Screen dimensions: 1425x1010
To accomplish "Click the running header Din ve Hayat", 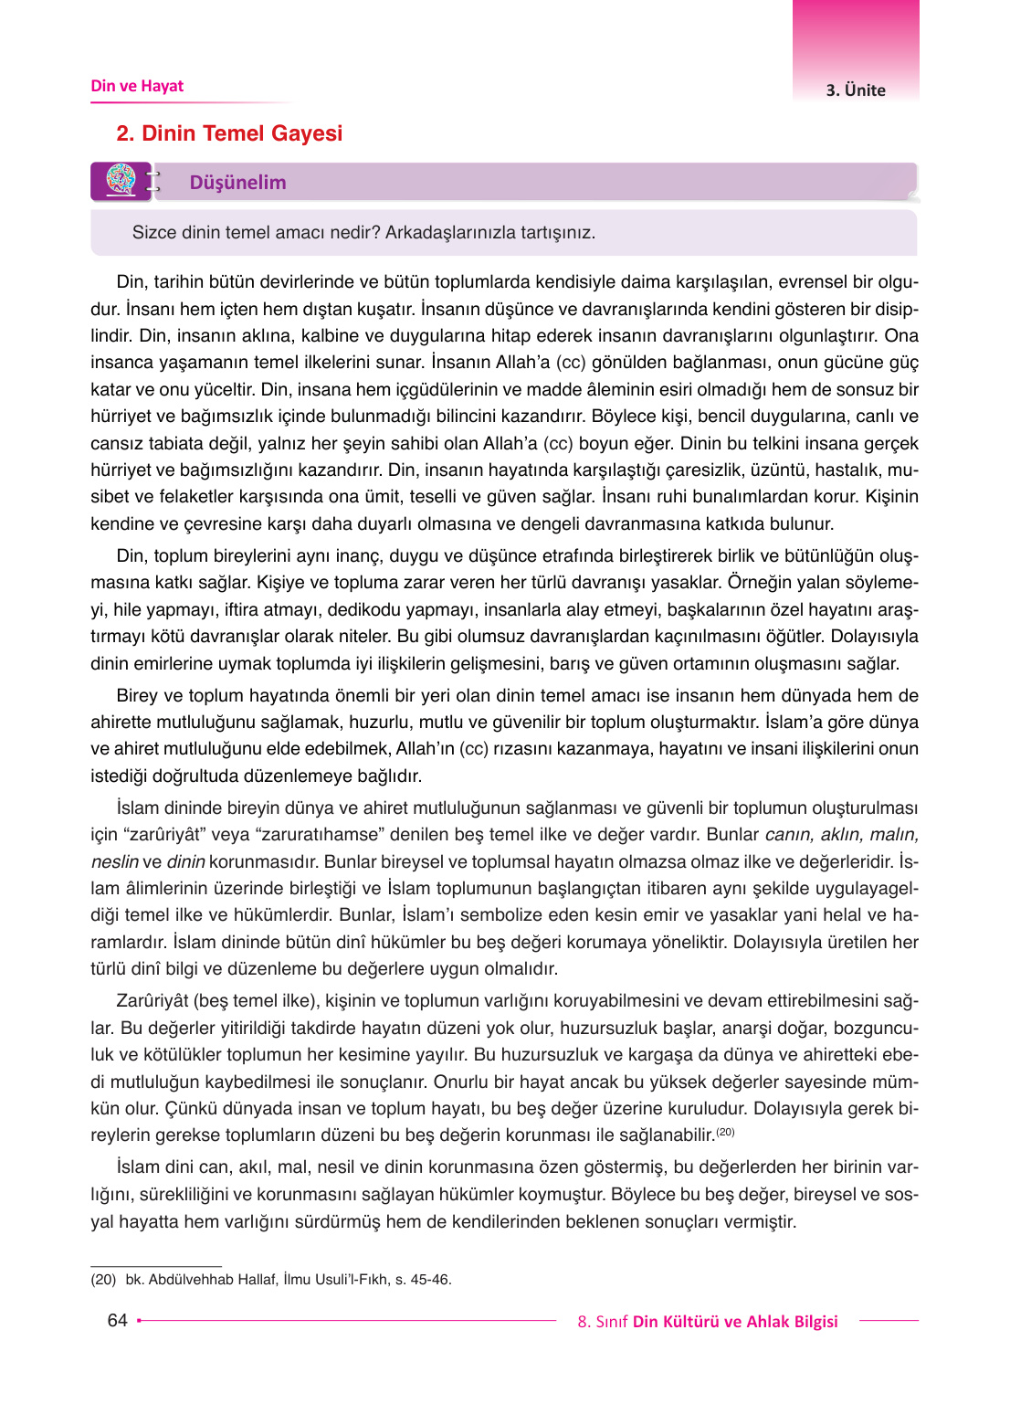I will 137,86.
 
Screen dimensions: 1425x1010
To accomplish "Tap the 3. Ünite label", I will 856,90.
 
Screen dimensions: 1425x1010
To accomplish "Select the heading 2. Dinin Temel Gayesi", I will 229,133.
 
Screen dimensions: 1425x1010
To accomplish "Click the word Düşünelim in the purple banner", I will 237,183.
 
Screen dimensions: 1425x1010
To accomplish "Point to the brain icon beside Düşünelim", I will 121,180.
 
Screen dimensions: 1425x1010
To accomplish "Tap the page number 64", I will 117,1320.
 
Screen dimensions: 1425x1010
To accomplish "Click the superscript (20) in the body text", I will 725,1132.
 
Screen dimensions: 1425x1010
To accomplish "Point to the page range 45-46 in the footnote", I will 431,1279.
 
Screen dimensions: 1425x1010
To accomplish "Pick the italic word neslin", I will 115,861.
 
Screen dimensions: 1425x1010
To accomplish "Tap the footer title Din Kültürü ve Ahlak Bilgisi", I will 735,1321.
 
